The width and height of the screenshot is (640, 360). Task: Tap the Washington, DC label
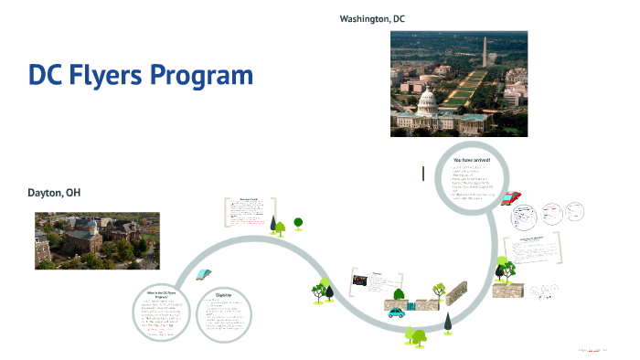(x=372, y=18)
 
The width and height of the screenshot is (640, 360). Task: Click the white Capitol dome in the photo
(x=426, y=99)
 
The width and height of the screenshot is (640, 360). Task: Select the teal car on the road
(x=396, y=312)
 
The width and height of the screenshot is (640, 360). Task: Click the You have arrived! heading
(x=471, y=160)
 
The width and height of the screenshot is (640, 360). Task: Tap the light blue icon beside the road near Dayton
(x=204, y=273)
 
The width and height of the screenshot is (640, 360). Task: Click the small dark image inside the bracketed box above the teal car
(x=359, y=281)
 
